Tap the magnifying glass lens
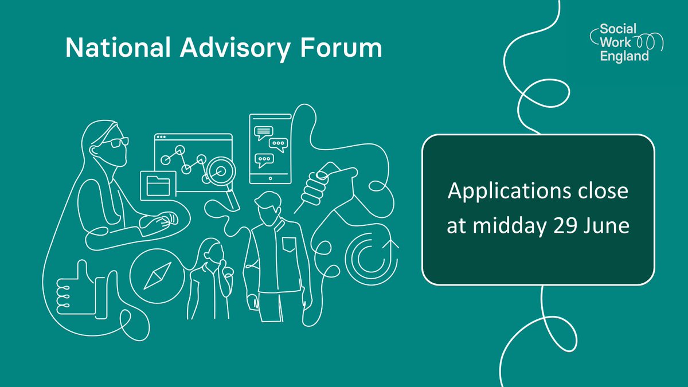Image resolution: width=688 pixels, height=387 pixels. click(218, 170)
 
